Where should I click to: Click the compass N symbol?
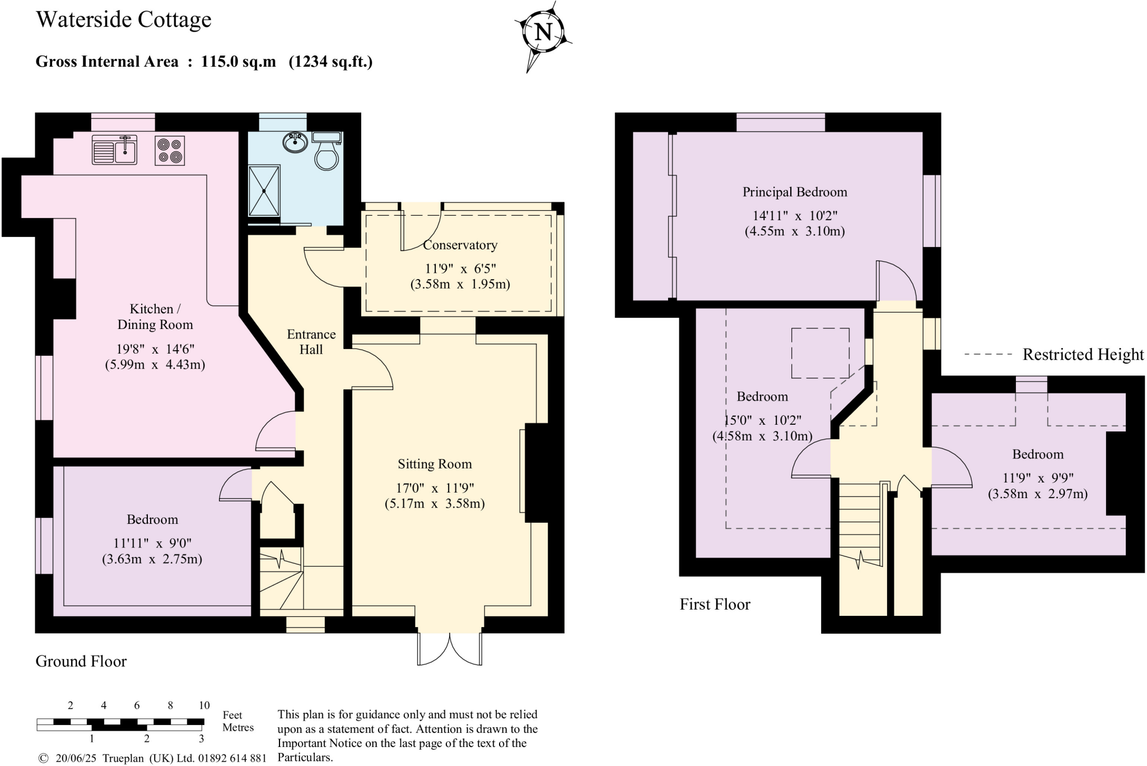pyautogui.click(x=543, y=31)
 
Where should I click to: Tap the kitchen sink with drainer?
pyautogui.click(x=115, y=150)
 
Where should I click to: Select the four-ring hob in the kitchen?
pyautogui.click(x=170, y=150)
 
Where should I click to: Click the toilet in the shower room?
pyautogui.click(x=327, y=152)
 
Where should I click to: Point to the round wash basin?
pyautogui.click(x=295, y=142)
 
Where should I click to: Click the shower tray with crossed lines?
pyautogui.click(x=264, y=191)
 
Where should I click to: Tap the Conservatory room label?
pyautogui.click(x=460, y=245)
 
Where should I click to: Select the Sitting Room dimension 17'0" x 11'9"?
pyautogui.click(x=435, y=488)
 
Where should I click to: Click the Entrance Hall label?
pyautogui.click(x=311, y=342)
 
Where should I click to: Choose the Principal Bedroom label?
pyautogui.click(x=794, y=192)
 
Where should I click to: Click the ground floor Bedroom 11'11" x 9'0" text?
pyautogui.click(x=152, y=543)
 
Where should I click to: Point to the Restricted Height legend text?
pyautogui.click(x=1083, y=354)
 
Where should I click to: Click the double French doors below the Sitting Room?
pyautogui.click(x=449, y=649)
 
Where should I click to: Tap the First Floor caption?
pyautogui.click(x=715, y=604)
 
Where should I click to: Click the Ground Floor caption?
pyautogui.click(x=81, y=661)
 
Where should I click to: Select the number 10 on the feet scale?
pyautogui.click(x=204, y=705)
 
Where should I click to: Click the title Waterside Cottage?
pyautogui.click(x=124, y=20)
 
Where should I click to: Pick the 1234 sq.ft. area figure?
pyautogui.click(x=330, y=62)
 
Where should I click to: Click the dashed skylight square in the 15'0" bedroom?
pyautogui.click(x=820, y=353)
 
